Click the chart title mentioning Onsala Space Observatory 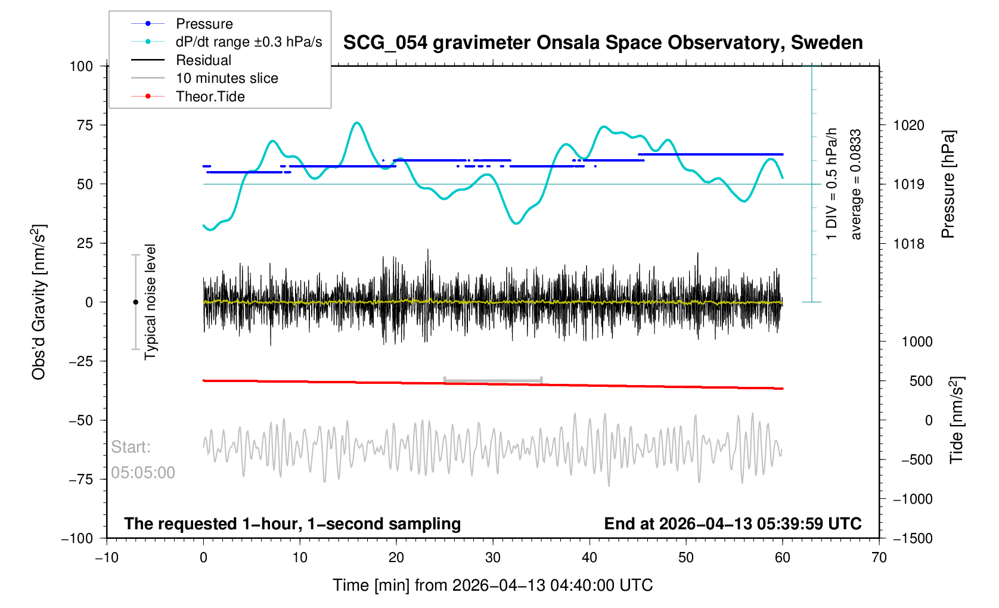[603, 43]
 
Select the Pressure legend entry [204, 24]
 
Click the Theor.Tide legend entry [210, 97]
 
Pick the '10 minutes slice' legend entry [227, 78]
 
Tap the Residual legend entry [203, 60]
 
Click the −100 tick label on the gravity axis [77, 538]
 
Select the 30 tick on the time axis [493, 557]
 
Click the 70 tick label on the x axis [879, 557]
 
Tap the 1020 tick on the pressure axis [908, 125]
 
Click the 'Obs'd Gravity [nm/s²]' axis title [39, 302]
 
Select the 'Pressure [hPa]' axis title [948, 184]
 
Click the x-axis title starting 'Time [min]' [492, 585]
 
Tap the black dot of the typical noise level [135, 302]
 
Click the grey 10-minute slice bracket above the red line [493, 380]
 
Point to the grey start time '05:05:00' [143, 473]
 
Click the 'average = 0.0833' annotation [856, 184]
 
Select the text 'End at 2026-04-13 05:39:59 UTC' [733, 524]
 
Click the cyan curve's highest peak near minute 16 [357, 123]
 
